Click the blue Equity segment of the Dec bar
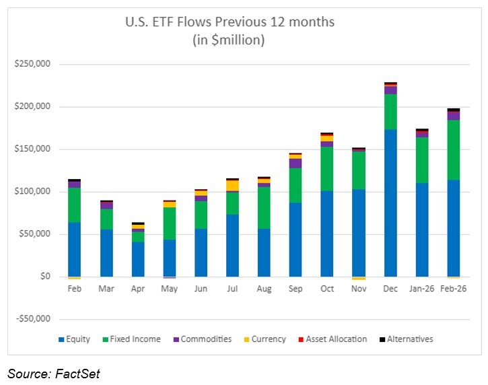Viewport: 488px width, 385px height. pos(390,202)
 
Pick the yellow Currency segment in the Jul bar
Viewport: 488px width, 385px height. pos(232,185)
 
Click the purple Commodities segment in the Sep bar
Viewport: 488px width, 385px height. pos(295,163)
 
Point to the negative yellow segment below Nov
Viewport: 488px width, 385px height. pos(359,278)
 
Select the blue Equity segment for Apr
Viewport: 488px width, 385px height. pos(137,259)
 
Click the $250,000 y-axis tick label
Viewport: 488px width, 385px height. pos(37,65)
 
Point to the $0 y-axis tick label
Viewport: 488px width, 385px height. pos(46,276)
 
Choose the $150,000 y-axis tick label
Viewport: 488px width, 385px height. pos(37,149)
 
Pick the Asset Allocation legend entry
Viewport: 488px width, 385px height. pos(335,339)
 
